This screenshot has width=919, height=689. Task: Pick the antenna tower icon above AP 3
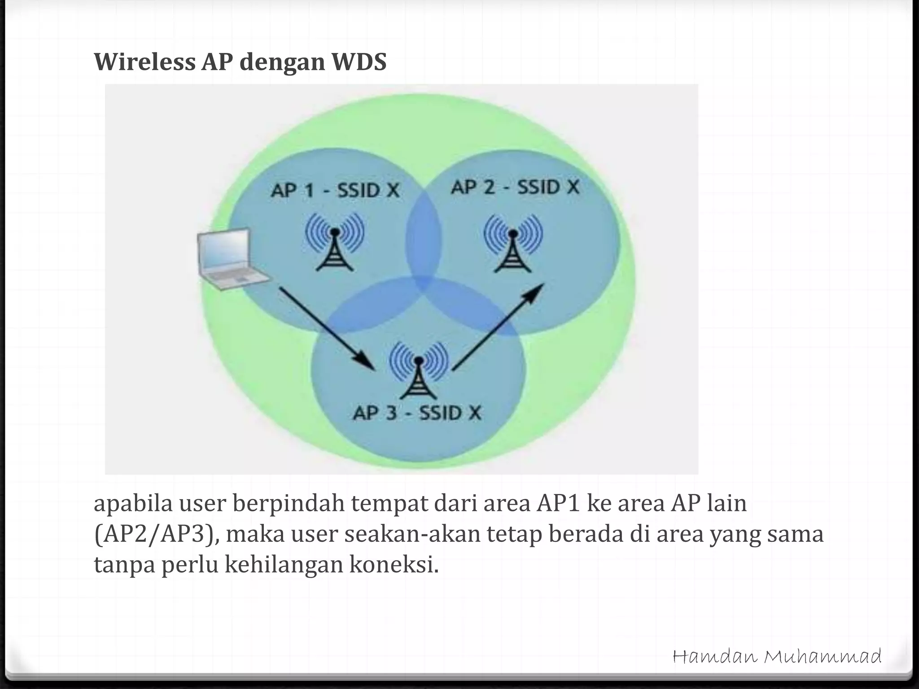click(418, 370)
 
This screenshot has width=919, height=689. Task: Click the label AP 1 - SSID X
click(335, 191)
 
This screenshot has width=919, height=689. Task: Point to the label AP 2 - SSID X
click(515, 187)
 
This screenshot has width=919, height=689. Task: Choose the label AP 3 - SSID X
click(417, 413)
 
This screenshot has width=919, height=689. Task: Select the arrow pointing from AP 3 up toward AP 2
click(498, 327)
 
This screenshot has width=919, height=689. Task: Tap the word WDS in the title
click(359, 62)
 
